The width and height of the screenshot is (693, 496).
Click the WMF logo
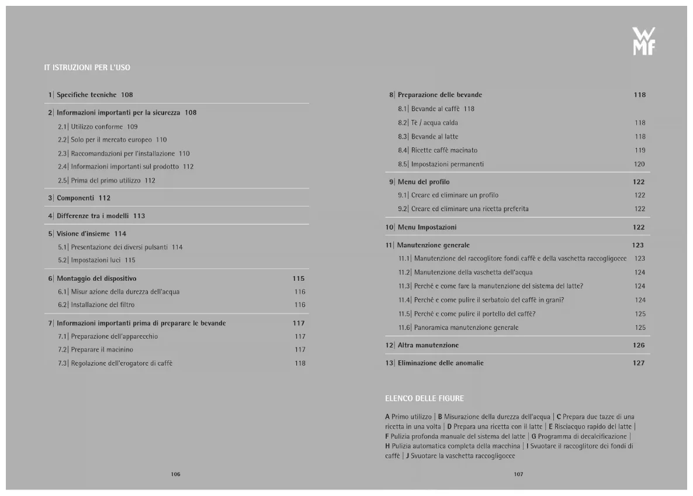[643, 42]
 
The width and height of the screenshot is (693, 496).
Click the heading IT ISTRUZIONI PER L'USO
[87, 68]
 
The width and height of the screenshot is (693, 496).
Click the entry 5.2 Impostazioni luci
[96, 260]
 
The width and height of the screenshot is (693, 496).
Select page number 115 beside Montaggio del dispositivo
[299, 278]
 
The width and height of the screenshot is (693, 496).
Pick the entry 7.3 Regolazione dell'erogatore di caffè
[122, 363]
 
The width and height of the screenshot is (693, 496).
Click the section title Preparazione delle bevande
[439, 95]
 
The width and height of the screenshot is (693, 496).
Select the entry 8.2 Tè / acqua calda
[434, 123]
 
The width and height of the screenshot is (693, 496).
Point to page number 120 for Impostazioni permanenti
[639, 164]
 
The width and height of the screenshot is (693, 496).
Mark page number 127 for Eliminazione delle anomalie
[639, 363]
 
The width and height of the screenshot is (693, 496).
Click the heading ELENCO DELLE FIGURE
[424, 398]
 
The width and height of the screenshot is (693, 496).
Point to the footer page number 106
[175, 474]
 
